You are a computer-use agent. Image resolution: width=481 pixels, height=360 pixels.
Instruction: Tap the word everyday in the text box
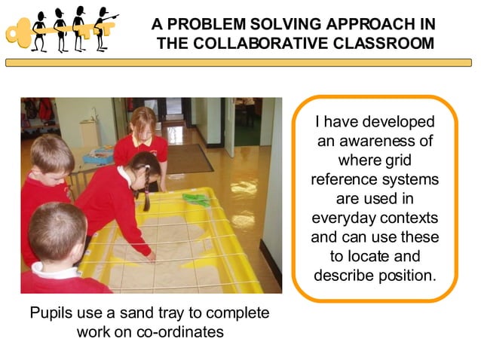[345, 219]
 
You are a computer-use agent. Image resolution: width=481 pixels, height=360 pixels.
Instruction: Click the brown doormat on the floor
[188, 157]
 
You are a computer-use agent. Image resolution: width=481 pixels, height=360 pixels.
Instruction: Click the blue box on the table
[98, 156]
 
